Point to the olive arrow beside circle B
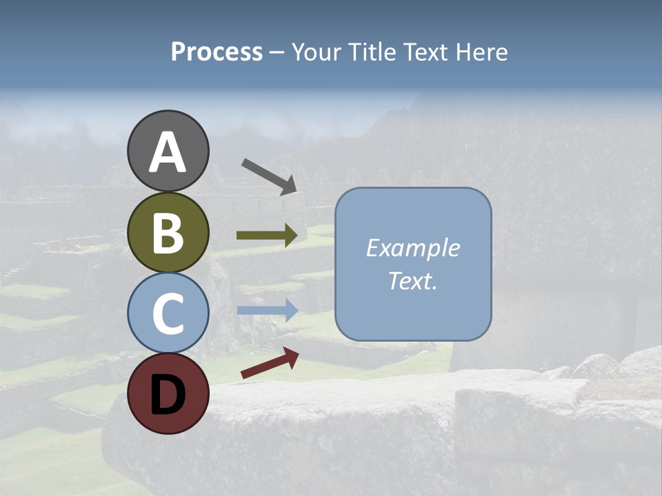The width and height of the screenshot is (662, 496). [267, 236]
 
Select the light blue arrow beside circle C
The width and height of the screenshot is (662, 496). [267, 311]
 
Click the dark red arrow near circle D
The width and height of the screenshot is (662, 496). [270, 364]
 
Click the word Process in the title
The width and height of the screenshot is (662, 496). [217, 52]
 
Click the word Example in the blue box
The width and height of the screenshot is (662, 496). [412, 248]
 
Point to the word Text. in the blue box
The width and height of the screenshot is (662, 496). [412, 281]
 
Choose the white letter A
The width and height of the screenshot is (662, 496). [168, 153]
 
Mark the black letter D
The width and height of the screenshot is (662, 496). [168, 395]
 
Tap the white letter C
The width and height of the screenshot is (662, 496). [168, 314]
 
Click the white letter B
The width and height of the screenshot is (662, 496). [168, 234]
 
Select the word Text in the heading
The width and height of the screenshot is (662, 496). [426, 52]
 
